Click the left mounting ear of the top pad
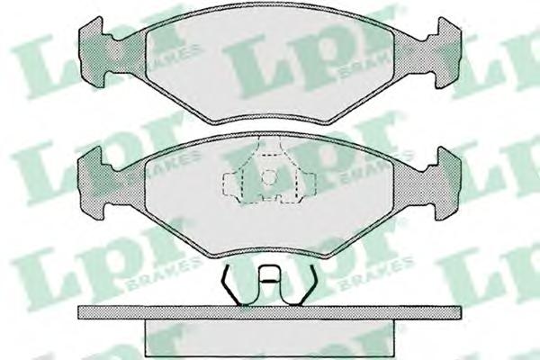pyautogui.click(x=92, y=51)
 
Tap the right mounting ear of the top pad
pyautogui.click(x=447, y=51)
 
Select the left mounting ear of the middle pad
pyautogui.click(x=92, y=183)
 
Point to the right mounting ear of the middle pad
pyautogui.click(x=447, y=183)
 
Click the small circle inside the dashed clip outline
pyautogui.click(x=268, y=177)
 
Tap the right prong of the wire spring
pyautogui.click(x=307, y=285)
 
